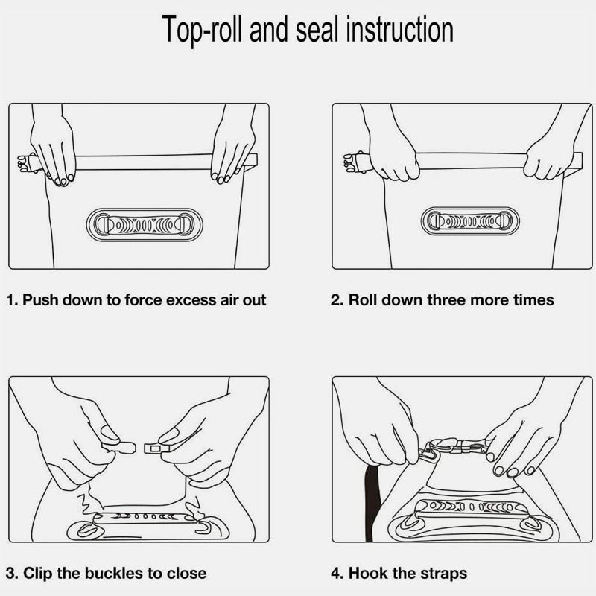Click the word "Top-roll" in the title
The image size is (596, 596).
click(202, 30)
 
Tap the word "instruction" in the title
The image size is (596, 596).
click(400, 29)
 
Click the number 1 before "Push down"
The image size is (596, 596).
click(10, 300)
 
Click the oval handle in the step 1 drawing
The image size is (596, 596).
click(145, 225)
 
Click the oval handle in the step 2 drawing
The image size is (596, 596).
click(470, 221)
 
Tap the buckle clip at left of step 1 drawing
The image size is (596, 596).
click(28, 163)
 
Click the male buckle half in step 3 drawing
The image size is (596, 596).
click(118, 447)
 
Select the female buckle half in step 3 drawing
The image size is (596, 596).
click(156, 448)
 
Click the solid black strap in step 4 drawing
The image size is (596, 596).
click(372, 501)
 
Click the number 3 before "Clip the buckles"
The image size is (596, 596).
click(11, 573)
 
